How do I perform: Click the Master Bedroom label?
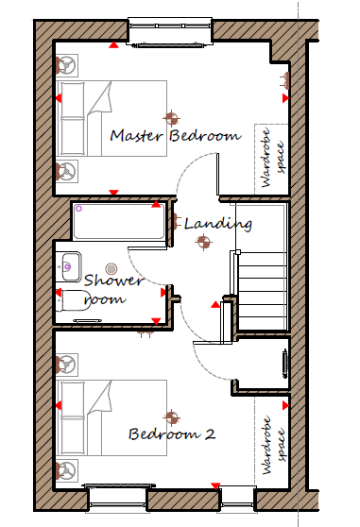(176, 135)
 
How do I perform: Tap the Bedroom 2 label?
(172, 433)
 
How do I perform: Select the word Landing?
(218, 224)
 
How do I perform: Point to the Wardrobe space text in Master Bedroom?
(273, 158)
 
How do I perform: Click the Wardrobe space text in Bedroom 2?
(273, 445)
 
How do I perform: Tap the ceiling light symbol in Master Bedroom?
(171, 118)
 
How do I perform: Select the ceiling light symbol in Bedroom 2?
(171, 417)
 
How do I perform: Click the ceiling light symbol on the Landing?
(203, 242)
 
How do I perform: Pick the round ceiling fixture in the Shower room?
(111, 268)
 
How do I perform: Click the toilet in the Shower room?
(71, 300)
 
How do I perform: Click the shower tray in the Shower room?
(119, 222)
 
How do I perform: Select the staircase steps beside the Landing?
(262, 291)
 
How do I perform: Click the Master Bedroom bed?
(111, 118)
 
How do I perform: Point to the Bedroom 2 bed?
(111, 417)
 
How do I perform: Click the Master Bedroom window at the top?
(170, 31)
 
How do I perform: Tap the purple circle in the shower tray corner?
(78, 209)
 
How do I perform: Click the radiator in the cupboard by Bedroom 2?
(285, 364)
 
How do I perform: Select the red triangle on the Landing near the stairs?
(215, 305)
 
